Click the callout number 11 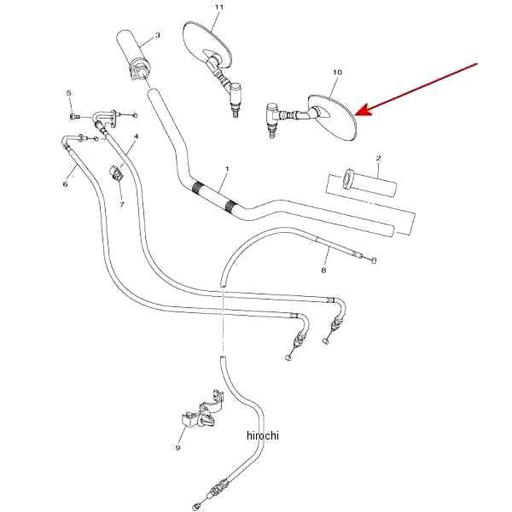tap(219, 7)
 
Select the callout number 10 tap(337, 72)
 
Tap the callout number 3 tap(157, 35)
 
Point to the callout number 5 tap(68, 93)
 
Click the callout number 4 tap(137, 136)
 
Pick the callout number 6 tap(66, 184)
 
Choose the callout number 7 tap(122, 205)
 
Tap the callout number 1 tap(227, 169)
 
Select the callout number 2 tap(378, 159)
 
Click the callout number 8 tap(323, 270)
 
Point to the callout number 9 tap(178, 447)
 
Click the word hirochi tap(263, 435)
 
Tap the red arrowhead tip tap(355, 114)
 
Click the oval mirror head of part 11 tap(207, 44)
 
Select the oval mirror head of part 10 tap(333, 119)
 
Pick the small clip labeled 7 tap(116, 172)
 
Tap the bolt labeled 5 tap(73, 116)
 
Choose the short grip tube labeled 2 tap(369, 183)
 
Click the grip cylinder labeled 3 tap(133, 55)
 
